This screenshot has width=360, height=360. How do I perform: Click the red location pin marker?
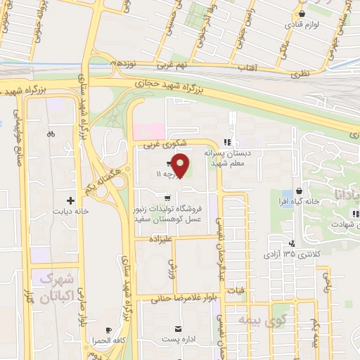tap(181, 165)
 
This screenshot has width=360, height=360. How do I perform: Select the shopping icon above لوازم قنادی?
tap(302, 13)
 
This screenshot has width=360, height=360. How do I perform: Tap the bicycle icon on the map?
tap(51, 134)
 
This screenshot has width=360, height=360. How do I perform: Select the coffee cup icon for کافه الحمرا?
tap(108, 330)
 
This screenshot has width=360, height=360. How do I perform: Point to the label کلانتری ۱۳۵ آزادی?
tap(289, 252)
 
